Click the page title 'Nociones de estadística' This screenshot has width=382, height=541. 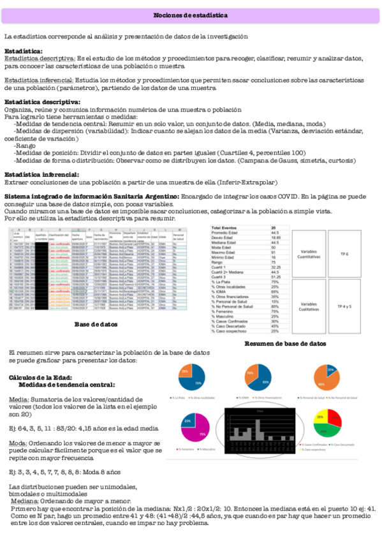191,15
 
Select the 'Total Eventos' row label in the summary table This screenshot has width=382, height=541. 243,227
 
